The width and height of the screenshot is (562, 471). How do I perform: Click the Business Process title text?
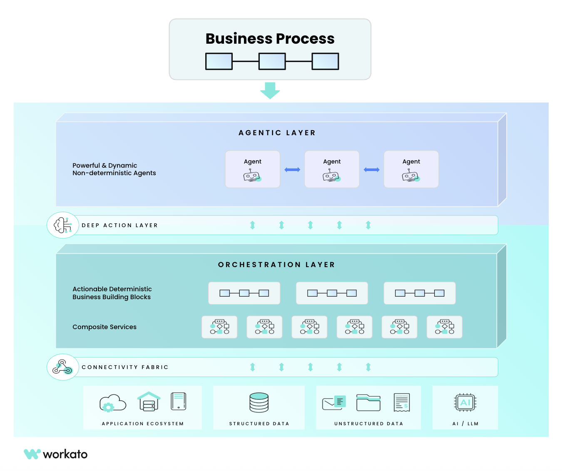[270, 39]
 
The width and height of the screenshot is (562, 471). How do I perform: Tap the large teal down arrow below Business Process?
[270, 90]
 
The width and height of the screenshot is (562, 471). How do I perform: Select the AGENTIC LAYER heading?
[277, 133]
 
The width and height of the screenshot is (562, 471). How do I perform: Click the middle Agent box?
[332, 169]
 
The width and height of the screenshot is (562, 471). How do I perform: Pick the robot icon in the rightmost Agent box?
[411, 176]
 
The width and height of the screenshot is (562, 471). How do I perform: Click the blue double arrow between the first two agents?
[292, 170]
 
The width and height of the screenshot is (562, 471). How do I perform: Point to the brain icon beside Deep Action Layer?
[63, 225]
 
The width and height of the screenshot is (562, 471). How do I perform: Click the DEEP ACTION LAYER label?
[120, 226]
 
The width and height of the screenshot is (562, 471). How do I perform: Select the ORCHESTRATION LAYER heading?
[276, 265]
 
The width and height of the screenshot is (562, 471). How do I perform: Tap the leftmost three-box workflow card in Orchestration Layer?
[244, 293]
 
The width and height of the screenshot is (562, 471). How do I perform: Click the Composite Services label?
[104, 327]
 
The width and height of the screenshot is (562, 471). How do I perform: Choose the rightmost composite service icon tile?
[444, 327]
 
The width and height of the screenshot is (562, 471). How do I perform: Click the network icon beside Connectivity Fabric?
[63, 367]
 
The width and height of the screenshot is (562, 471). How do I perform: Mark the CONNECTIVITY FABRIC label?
[125, 367]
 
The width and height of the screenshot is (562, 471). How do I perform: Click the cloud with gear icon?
[112, 403]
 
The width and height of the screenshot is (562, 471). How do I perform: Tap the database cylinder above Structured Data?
[259, 402]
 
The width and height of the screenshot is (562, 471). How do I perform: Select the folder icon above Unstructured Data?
[368, 402]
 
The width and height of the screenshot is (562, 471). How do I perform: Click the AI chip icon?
[465, 402]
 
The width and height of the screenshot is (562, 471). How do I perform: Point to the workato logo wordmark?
[65, 454]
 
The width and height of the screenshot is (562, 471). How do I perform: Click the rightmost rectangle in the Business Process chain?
[325, 62]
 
